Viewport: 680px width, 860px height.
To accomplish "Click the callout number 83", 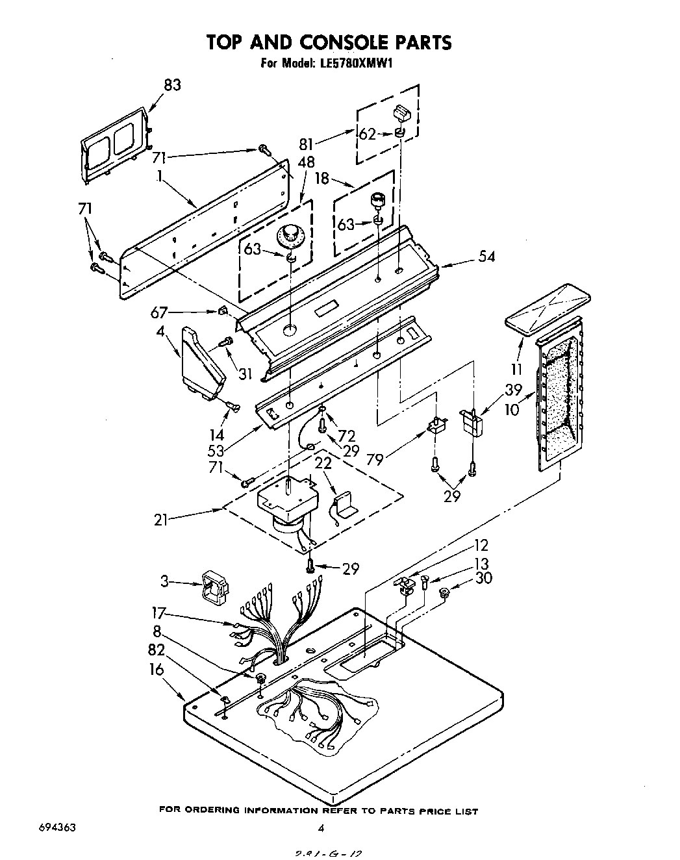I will tap(171, 84).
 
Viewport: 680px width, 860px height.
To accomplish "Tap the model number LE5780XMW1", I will tap(355, 64).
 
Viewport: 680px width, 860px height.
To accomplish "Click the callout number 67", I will tap(160, 312).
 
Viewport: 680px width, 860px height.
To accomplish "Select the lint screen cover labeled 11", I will tap(548, 309).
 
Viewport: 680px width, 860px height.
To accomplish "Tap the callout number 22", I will tap(323, 463).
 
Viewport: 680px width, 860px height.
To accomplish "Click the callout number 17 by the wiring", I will tap(159, 611).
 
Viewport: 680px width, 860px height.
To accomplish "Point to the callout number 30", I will tap(484, 578).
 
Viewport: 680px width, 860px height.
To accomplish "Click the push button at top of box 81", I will tap(401, 113).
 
